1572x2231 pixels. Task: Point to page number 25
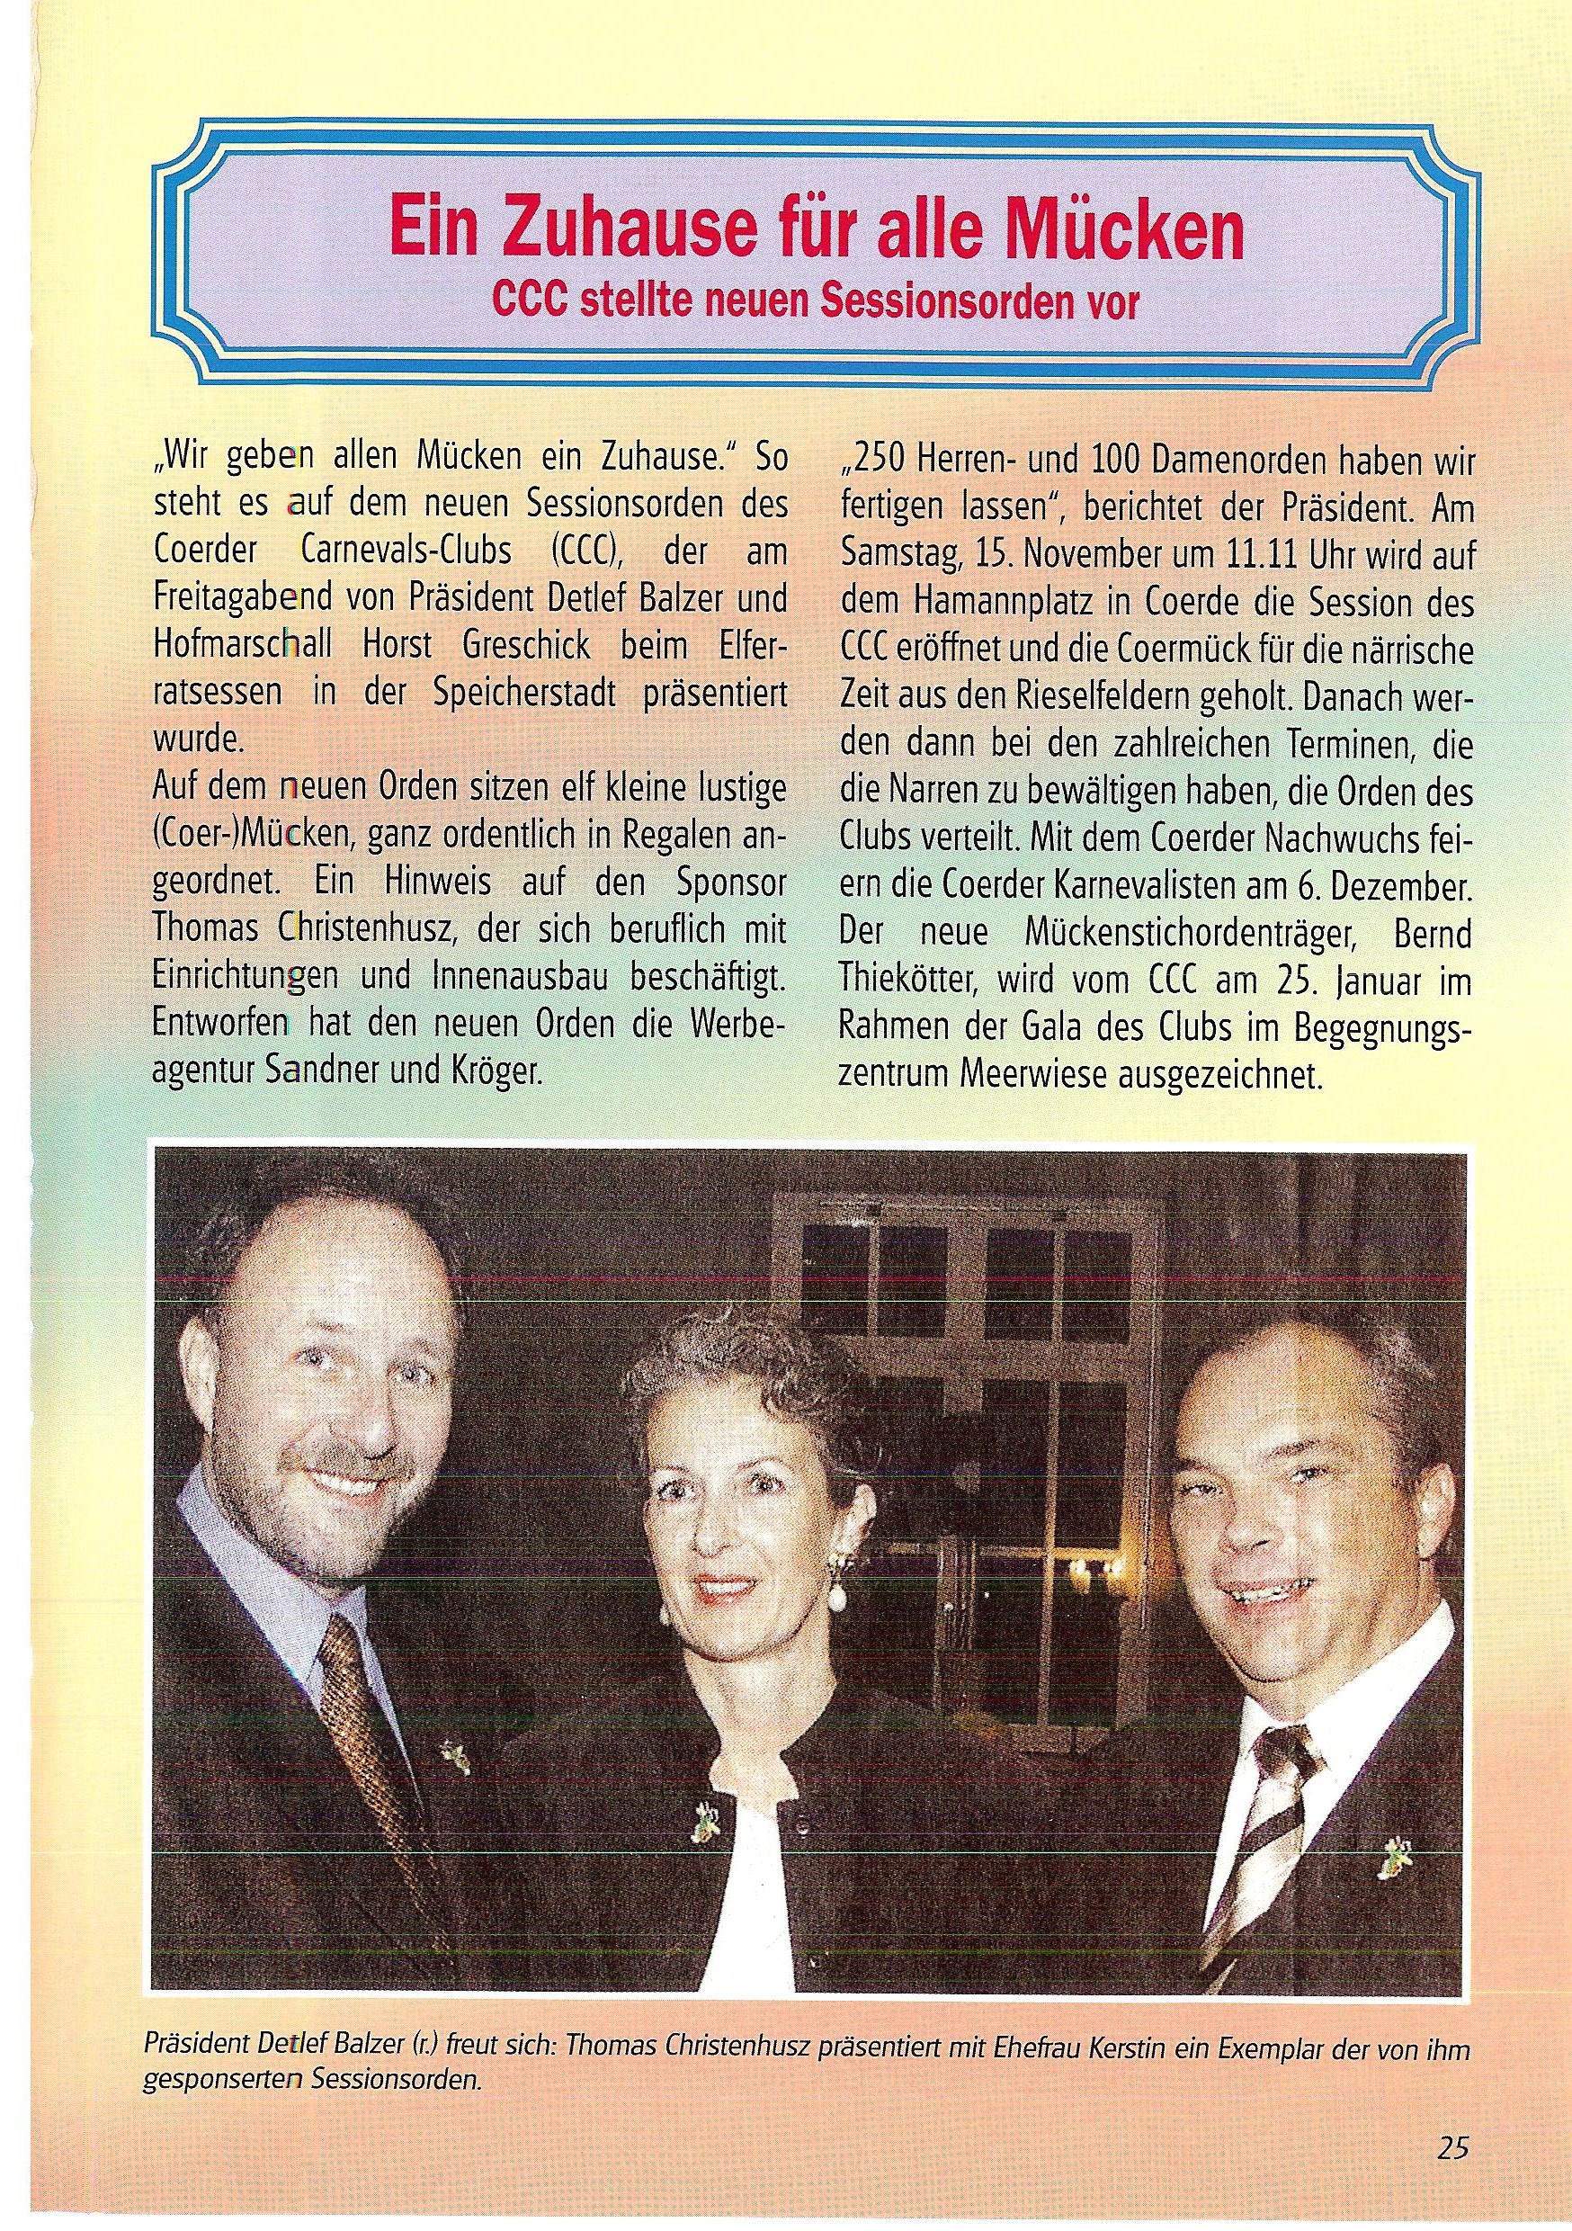pyautogui.click(x=1452, y=2172)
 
